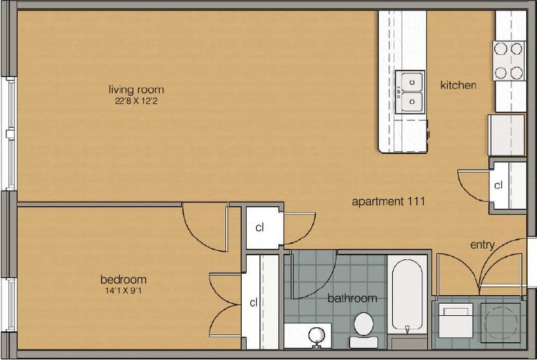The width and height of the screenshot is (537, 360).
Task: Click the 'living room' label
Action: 135,90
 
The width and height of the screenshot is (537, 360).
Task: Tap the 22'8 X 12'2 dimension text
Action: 135,101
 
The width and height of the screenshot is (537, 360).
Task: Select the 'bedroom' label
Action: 123,279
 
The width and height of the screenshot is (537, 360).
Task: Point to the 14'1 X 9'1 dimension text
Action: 123,291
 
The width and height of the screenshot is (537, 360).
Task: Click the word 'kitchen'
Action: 458,86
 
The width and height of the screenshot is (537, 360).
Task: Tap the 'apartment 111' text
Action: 389,202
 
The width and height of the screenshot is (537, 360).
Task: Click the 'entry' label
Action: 482,245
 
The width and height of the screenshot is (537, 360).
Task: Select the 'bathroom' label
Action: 352,298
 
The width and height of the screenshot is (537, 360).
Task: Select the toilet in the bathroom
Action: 364,327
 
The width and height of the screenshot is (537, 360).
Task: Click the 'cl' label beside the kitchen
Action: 498,185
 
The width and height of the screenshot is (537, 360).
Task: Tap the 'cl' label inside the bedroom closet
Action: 253,302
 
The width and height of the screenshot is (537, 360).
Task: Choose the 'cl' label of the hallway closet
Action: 260,228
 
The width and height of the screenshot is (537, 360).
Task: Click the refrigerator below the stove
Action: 506,134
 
